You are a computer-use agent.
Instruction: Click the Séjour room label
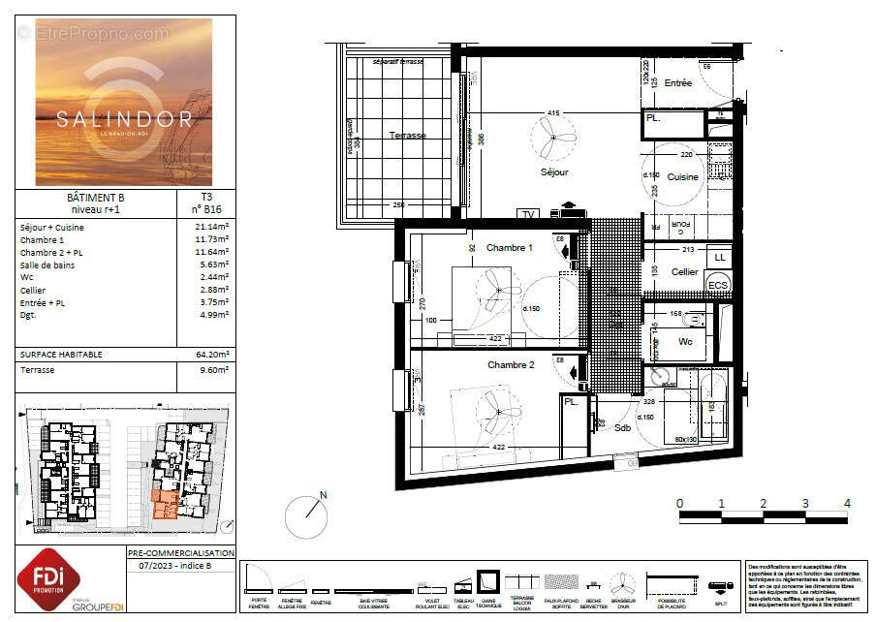[x=554, y=172]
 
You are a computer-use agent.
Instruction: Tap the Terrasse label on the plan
[x=407, y=136]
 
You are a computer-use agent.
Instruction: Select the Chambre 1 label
[x=509, y=248]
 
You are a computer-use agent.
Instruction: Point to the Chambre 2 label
[x=511, y=365]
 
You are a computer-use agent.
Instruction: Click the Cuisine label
[x=682, y=177]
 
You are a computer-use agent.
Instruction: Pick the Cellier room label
[x=685, y=272]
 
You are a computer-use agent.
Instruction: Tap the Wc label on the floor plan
[x=685, y=342]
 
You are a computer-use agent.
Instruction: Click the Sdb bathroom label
[x=623, y=427]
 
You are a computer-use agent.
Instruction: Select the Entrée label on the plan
[x=678, y=83]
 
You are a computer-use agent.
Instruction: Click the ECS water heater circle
[x=718, y=285]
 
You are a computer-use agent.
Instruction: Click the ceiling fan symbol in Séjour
[x=552, y=138]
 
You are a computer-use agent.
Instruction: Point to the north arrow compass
[x=308, y=515]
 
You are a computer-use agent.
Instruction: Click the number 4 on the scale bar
[x=847, y=503]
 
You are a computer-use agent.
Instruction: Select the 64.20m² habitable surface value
[x=211, y=355]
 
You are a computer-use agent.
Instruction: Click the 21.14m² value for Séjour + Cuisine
[x=211, y=227]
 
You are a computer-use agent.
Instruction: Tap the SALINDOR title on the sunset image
[x=123, y=119]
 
